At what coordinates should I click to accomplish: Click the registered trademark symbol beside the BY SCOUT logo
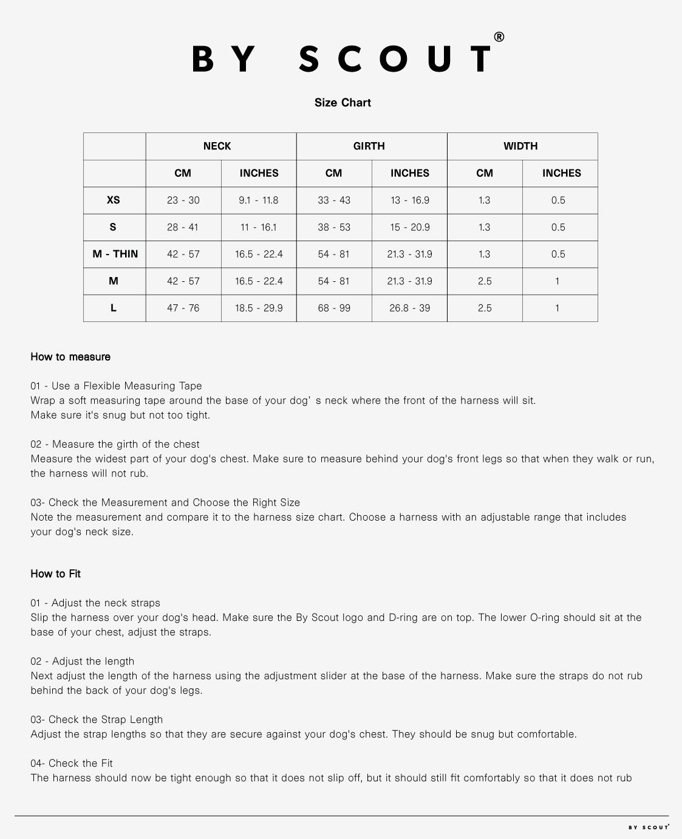click(499, 37)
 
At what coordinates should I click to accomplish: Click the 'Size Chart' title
click(343, 103)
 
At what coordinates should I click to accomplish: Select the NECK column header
click(217, 146)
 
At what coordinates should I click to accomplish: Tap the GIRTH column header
click(369, 146)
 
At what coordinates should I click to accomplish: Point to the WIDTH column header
click(520, 146)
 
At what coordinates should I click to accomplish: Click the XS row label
click(114, 200)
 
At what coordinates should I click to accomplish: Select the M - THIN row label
click(115, 254)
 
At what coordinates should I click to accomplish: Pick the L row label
click(114, 308)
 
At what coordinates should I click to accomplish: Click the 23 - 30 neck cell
click(183, 200)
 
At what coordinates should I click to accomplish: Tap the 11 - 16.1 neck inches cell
click(259, 227)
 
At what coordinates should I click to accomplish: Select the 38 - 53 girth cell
click(334, 227)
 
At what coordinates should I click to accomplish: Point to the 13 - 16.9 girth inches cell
click(410, 200)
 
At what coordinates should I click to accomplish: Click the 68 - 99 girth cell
click(334, 308)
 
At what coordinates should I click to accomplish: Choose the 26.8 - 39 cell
click(410, 308)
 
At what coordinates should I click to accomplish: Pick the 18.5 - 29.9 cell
click(259, 308)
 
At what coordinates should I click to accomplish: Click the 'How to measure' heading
click(70, 357)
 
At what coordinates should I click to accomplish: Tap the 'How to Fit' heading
click(56, 574)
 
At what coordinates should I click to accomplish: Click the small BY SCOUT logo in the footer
click(649, 827)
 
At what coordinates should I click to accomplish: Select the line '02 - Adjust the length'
click(83, 661)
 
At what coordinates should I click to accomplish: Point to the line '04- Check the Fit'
click(72, 763)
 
